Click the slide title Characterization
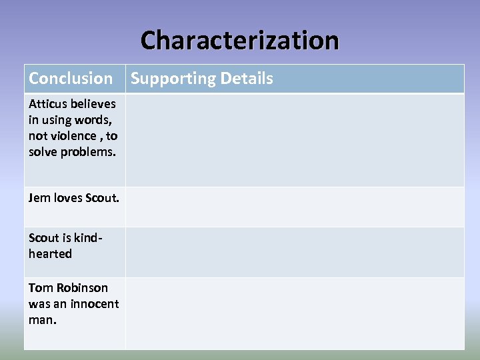tap(239, 40)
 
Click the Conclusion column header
tap(71, 79)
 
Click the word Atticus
tap(47, 103)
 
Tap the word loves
tap(67, 197)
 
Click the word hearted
tap(50, 253)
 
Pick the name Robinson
tap(82, 287)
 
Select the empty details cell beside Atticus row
tap(295, 140)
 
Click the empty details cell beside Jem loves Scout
tap(295, 207)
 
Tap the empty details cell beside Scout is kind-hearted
tap(295, 252)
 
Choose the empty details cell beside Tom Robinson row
tap(295, 313)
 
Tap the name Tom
tap(41, 287)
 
